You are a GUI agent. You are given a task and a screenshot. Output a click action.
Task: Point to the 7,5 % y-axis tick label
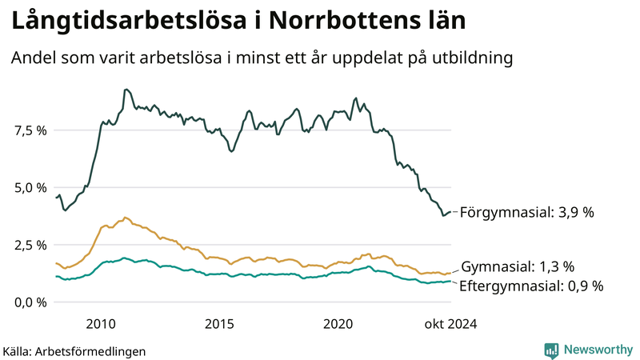tap(31, 130)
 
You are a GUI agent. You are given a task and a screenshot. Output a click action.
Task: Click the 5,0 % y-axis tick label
tap(31, 187)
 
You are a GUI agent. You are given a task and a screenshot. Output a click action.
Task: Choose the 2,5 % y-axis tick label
tap(31, 245)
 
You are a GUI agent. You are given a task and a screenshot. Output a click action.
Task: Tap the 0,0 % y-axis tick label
tap(31, 302)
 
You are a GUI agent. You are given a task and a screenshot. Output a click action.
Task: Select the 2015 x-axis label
tap(219, 324)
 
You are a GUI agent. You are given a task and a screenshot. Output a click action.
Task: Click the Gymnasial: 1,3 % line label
tap(518, 266)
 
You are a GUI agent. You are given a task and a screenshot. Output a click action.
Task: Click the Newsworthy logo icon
tap(551, 350)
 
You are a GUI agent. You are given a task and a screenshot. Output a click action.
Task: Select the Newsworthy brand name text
tap(597, 350)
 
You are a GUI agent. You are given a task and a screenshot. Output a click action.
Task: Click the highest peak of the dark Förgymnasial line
tap(127, 90)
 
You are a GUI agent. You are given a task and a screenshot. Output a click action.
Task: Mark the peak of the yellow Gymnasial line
tap(125, 217)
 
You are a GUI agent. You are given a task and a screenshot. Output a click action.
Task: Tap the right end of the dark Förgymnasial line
tap(451, 212)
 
